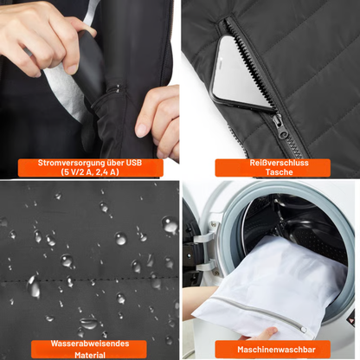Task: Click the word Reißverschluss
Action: click(272, 163)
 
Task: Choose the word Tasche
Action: click(272, 172)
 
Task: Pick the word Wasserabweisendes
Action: click(90, 344)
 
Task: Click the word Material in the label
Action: click(90, 353)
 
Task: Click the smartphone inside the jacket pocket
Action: click(243, 73)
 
